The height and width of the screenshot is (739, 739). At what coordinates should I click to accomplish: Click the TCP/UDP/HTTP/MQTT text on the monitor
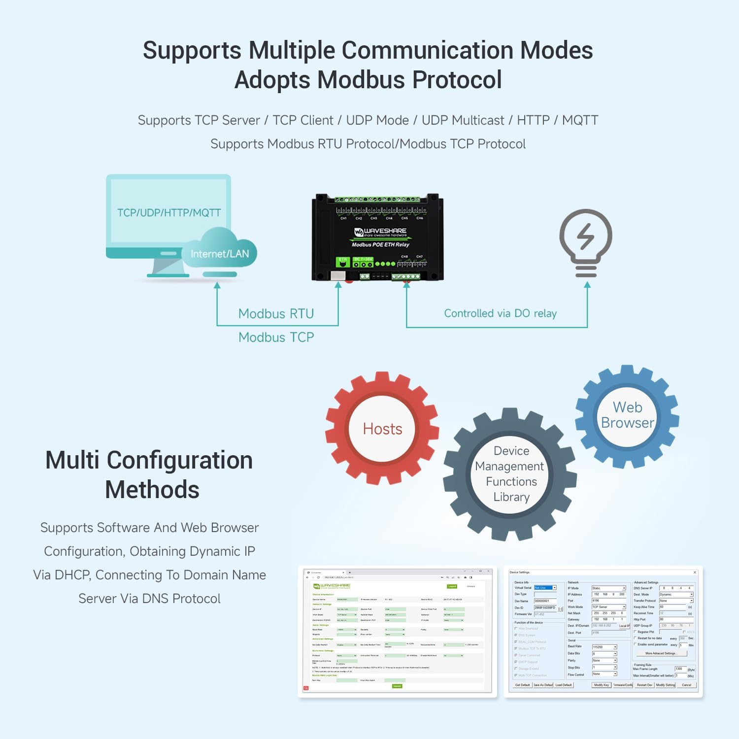point(168,213)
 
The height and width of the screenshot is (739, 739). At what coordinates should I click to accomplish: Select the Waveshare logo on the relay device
point(380,232)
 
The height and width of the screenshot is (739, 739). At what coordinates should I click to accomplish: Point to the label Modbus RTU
point(276,314)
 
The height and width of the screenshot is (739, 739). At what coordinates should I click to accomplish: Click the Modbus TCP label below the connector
point(276,337)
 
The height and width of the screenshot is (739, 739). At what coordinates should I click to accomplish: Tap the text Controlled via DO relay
point(500,313)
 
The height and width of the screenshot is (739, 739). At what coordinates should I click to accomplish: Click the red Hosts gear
point(382,429)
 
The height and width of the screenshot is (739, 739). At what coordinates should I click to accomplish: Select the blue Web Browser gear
point(627,415)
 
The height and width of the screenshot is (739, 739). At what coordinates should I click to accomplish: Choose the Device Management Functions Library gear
point(511,474)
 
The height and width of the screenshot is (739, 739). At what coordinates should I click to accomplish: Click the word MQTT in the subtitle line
point(580,120)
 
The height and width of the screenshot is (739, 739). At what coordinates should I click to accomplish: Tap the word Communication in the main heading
point(428,51)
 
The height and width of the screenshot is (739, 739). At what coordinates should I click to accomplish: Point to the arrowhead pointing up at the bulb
point(587,285)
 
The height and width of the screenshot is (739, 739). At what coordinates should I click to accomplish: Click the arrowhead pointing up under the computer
point(217,285)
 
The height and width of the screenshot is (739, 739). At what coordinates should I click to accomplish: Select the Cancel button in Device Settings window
point(686,685)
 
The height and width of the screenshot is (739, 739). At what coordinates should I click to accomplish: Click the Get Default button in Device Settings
point(522,685)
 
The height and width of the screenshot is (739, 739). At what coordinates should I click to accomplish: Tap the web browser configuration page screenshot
point(397,631)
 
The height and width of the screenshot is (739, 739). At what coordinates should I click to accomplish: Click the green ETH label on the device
point(342,259)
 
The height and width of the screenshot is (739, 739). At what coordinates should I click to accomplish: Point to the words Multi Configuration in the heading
point(149,460)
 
